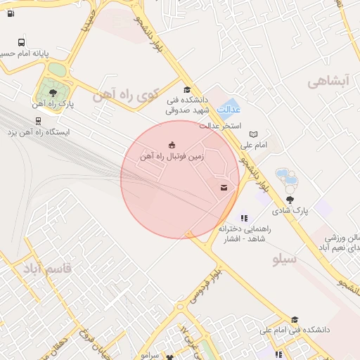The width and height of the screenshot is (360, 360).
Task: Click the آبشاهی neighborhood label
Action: point(328,82)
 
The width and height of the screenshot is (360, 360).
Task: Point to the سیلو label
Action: point(285,259)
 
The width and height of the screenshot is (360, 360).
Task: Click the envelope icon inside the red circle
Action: point(224,187)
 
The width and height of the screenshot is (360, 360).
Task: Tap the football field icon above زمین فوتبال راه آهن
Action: point(172,144)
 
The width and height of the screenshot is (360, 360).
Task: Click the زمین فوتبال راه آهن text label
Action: point(172,156)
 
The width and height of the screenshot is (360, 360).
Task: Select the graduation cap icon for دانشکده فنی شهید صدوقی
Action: point(186,89)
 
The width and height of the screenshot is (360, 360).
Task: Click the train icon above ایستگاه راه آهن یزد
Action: point(38,120)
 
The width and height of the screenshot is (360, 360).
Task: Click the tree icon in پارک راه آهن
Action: point(53,91)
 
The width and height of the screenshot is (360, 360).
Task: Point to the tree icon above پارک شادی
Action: point(290,200)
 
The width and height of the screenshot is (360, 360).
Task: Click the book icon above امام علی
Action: point(253,134)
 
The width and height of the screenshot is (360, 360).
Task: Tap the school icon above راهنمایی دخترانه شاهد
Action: point(244,219)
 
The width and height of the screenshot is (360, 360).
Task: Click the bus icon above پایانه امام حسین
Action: point(22,43)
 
